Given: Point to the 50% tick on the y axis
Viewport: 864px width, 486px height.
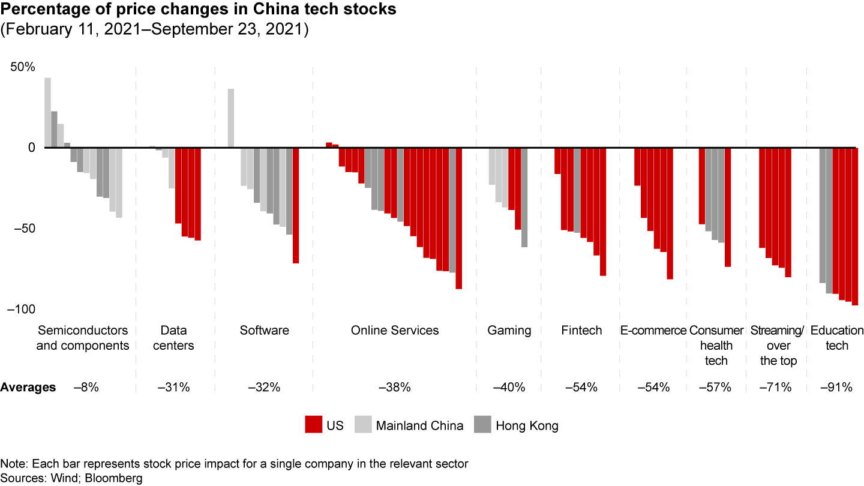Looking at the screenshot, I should click(22, 67).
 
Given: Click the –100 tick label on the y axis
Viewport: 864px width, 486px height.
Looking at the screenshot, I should click(21, 309).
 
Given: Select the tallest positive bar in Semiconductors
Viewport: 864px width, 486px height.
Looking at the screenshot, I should click(47, 113).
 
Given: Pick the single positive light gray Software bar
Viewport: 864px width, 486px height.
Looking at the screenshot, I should click(231, 118).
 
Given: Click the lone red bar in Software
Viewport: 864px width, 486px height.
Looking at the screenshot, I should click(296, 205).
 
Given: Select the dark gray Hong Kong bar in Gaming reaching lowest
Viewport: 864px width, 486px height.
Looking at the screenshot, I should click(524, 197).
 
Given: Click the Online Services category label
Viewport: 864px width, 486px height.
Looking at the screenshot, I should click(395, 331).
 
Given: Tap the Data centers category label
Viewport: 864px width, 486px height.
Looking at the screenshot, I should click(173, 338).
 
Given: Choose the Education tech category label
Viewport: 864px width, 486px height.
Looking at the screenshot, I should click(836, 338).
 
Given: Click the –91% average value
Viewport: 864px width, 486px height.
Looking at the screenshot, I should click(836, 388).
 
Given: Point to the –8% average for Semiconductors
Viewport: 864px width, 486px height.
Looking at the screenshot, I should click(86, 388).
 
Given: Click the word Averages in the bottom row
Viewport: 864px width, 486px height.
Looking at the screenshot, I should click(28, 388).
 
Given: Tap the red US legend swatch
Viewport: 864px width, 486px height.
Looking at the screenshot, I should click(313, 425).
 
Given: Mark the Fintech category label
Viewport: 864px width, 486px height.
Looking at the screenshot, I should click(581, 331).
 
